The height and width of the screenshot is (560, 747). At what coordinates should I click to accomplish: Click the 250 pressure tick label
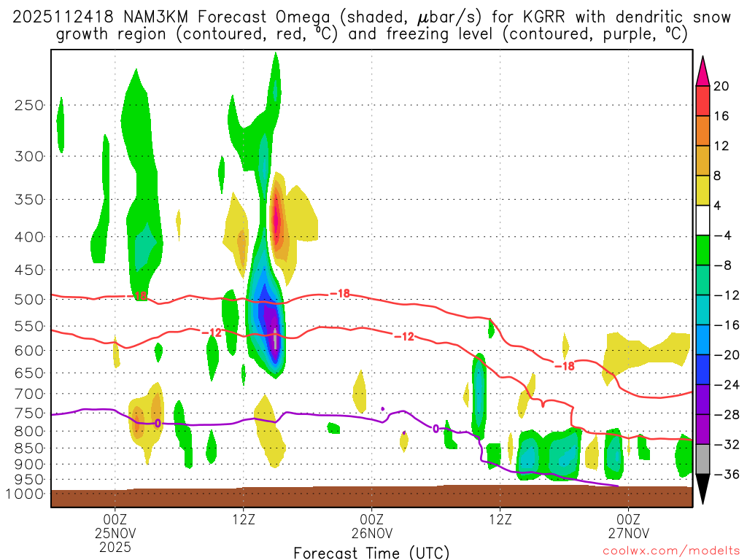(28, 105)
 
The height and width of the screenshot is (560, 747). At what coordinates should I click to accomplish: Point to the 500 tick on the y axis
(28, 299)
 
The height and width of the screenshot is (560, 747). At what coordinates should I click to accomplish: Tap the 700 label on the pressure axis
(28, 394)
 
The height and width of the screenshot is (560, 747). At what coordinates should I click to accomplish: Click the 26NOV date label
(371, 532)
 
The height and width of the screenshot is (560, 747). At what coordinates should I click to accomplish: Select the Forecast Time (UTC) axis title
(371, 552)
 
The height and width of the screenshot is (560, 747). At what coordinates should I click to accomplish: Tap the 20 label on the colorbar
(721, 86)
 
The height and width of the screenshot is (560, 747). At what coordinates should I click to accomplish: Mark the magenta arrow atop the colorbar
(702, 71)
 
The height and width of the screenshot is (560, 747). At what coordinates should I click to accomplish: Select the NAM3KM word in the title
(162, 17)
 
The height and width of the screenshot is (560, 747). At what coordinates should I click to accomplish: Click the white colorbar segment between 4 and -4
(702, 220)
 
